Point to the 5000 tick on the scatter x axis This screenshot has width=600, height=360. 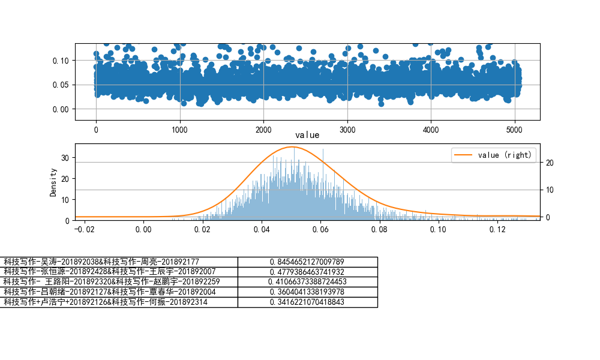514,129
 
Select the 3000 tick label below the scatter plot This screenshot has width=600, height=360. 347,129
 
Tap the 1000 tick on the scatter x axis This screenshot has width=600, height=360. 180,129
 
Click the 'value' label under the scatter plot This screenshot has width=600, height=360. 307,136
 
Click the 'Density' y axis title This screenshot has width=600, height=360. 53,182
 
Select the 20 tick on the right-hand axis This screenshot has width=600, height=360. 548,163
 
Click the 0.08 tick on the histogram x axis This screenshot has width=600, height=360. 380,229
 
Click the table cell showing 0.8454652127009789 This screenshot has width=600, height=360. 307,262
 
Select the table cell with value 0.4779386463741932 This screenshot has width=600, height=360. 307,272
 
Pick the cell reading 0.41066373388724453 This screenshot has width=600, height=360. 307,281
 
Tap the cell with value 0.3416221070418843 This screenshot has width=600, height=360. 307,302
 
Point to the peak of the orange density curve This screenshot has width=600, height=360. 292,146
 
